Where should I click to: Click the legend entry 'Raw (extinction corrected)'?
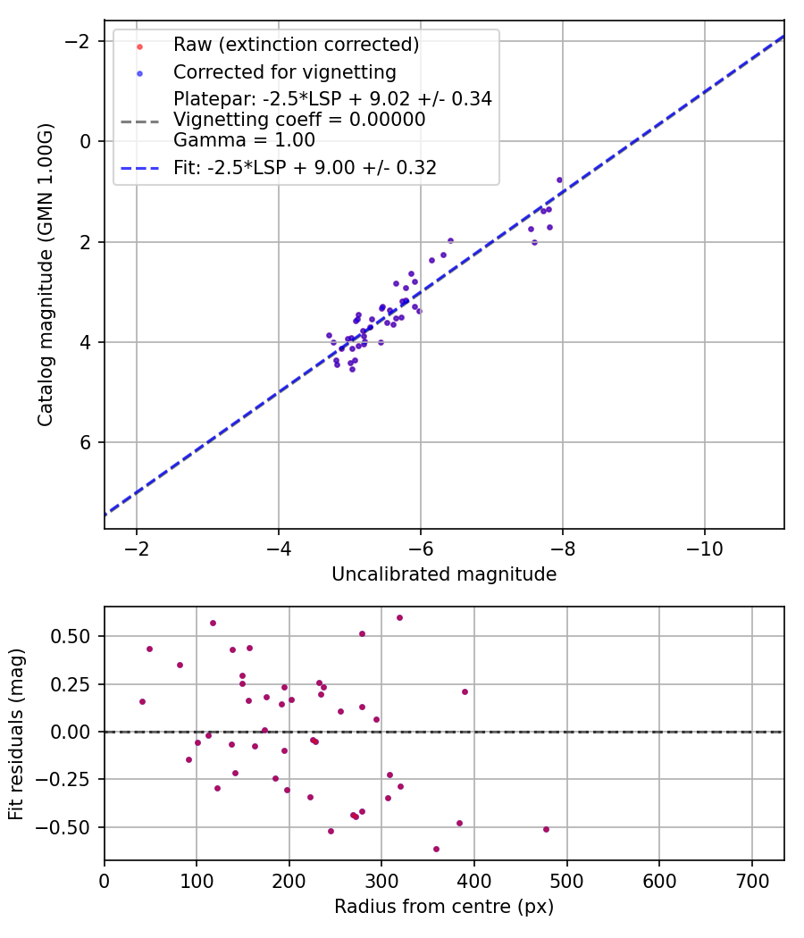pyautogui.click(x=296, y=45)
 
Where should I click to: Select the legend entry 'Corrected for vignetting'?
pyautogui.click(x=284, y=71)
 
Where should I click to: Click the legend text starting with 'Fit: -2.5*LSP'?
pyautogui.click(x=305, y=167)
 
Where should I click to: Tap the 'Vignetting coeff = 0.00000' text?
pyautogui.click(x=299, y=120)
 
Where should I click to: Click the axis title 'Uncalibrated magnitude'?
pyautogui.click(x=444, y=574)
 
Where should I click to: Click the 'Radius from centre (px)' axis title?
pyautogui.click(x=444, y=907)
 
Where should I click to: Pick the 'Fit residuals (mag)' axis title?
pyautogui.click(x=16, y=733)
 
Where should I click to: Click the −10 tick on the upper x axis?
pyautogui.click(x=704, y=546)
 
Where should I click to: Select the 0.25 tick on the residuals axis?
pyautogui.click(x=79, y=684)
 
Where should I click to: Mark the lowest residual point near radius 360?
pyautogui.click(x=436, y=849)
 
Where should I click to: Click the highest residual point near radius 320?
pyautogui.click(x=399, y=617)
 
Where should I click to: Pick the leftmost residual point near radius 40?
pyautogui.click(x=142, y=701)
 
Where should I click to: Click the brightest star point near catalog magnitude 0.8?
pyautogui.click(x=559, y=180)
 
